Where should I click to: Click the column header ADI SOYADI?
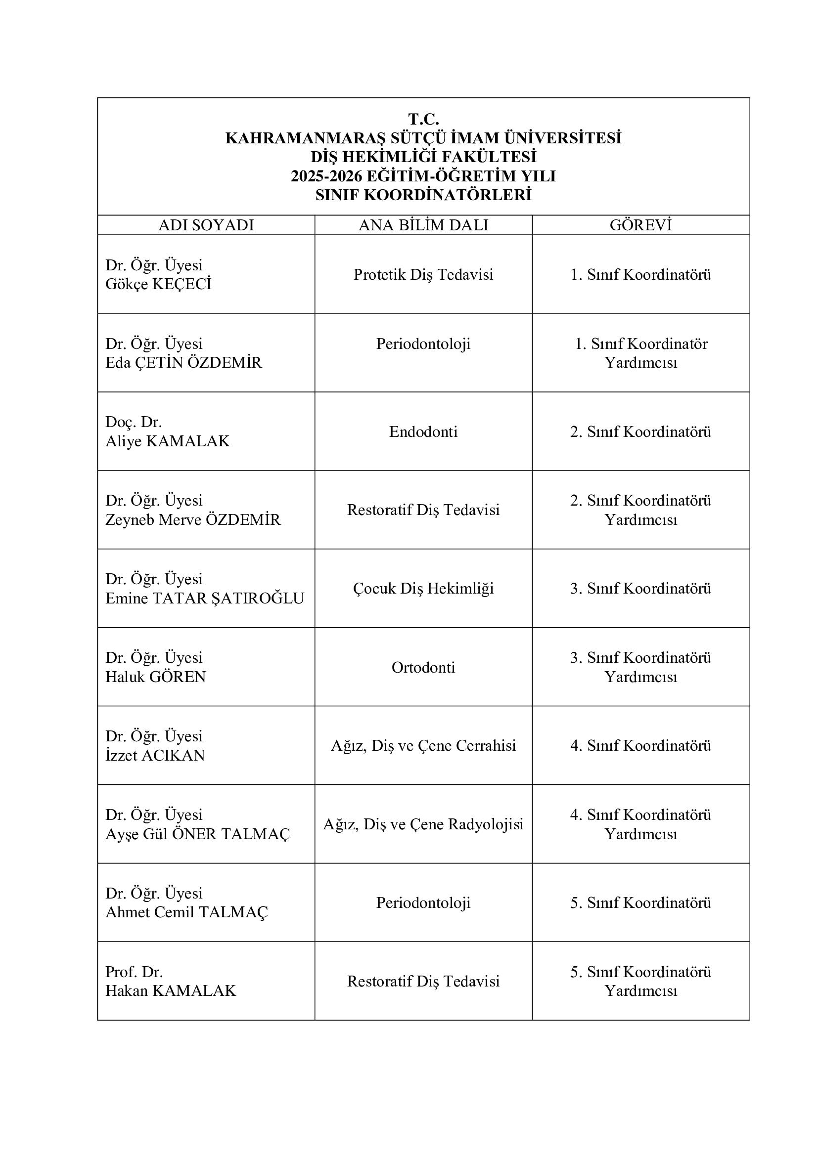point(206,225)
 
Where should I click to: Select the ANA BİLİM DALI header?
point(423,225)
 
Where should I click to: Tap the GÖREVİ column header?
point(640,225)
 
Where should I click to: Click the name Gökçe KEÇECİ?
point(158,284)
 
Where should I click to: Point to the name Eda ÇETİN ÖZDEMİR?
point(183,362)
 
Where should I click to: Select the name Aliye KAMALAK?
point(167,441)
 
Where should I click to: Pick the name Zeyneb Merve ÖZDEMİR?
point(192,519)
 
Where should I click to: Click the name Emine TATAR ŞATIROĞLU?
point(205,598)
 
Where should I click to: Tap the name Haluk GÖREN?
point(156,677)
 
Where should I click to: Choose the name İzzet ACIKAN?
point(155,755)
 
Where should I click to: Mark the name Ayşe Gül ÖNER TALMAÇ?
point(197,834)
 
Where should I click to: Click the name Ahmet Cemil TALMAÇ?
point(186,912)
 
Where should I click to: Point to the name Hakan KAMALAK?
point(170,991)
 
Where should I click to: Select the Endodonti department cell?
point(423,431)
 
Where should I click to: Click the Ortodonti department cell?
point(423,667)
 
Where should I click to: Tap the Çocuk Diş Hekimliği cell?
point(423,589)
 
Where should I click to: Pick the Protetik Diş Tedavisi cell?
point(423,274)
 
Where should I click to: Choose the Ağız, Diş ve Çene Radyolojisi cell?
point(423,824)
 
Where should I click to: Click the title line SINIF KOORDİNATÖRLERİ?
point(423,195)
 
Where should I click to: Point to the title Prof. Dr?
point(134,972)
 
